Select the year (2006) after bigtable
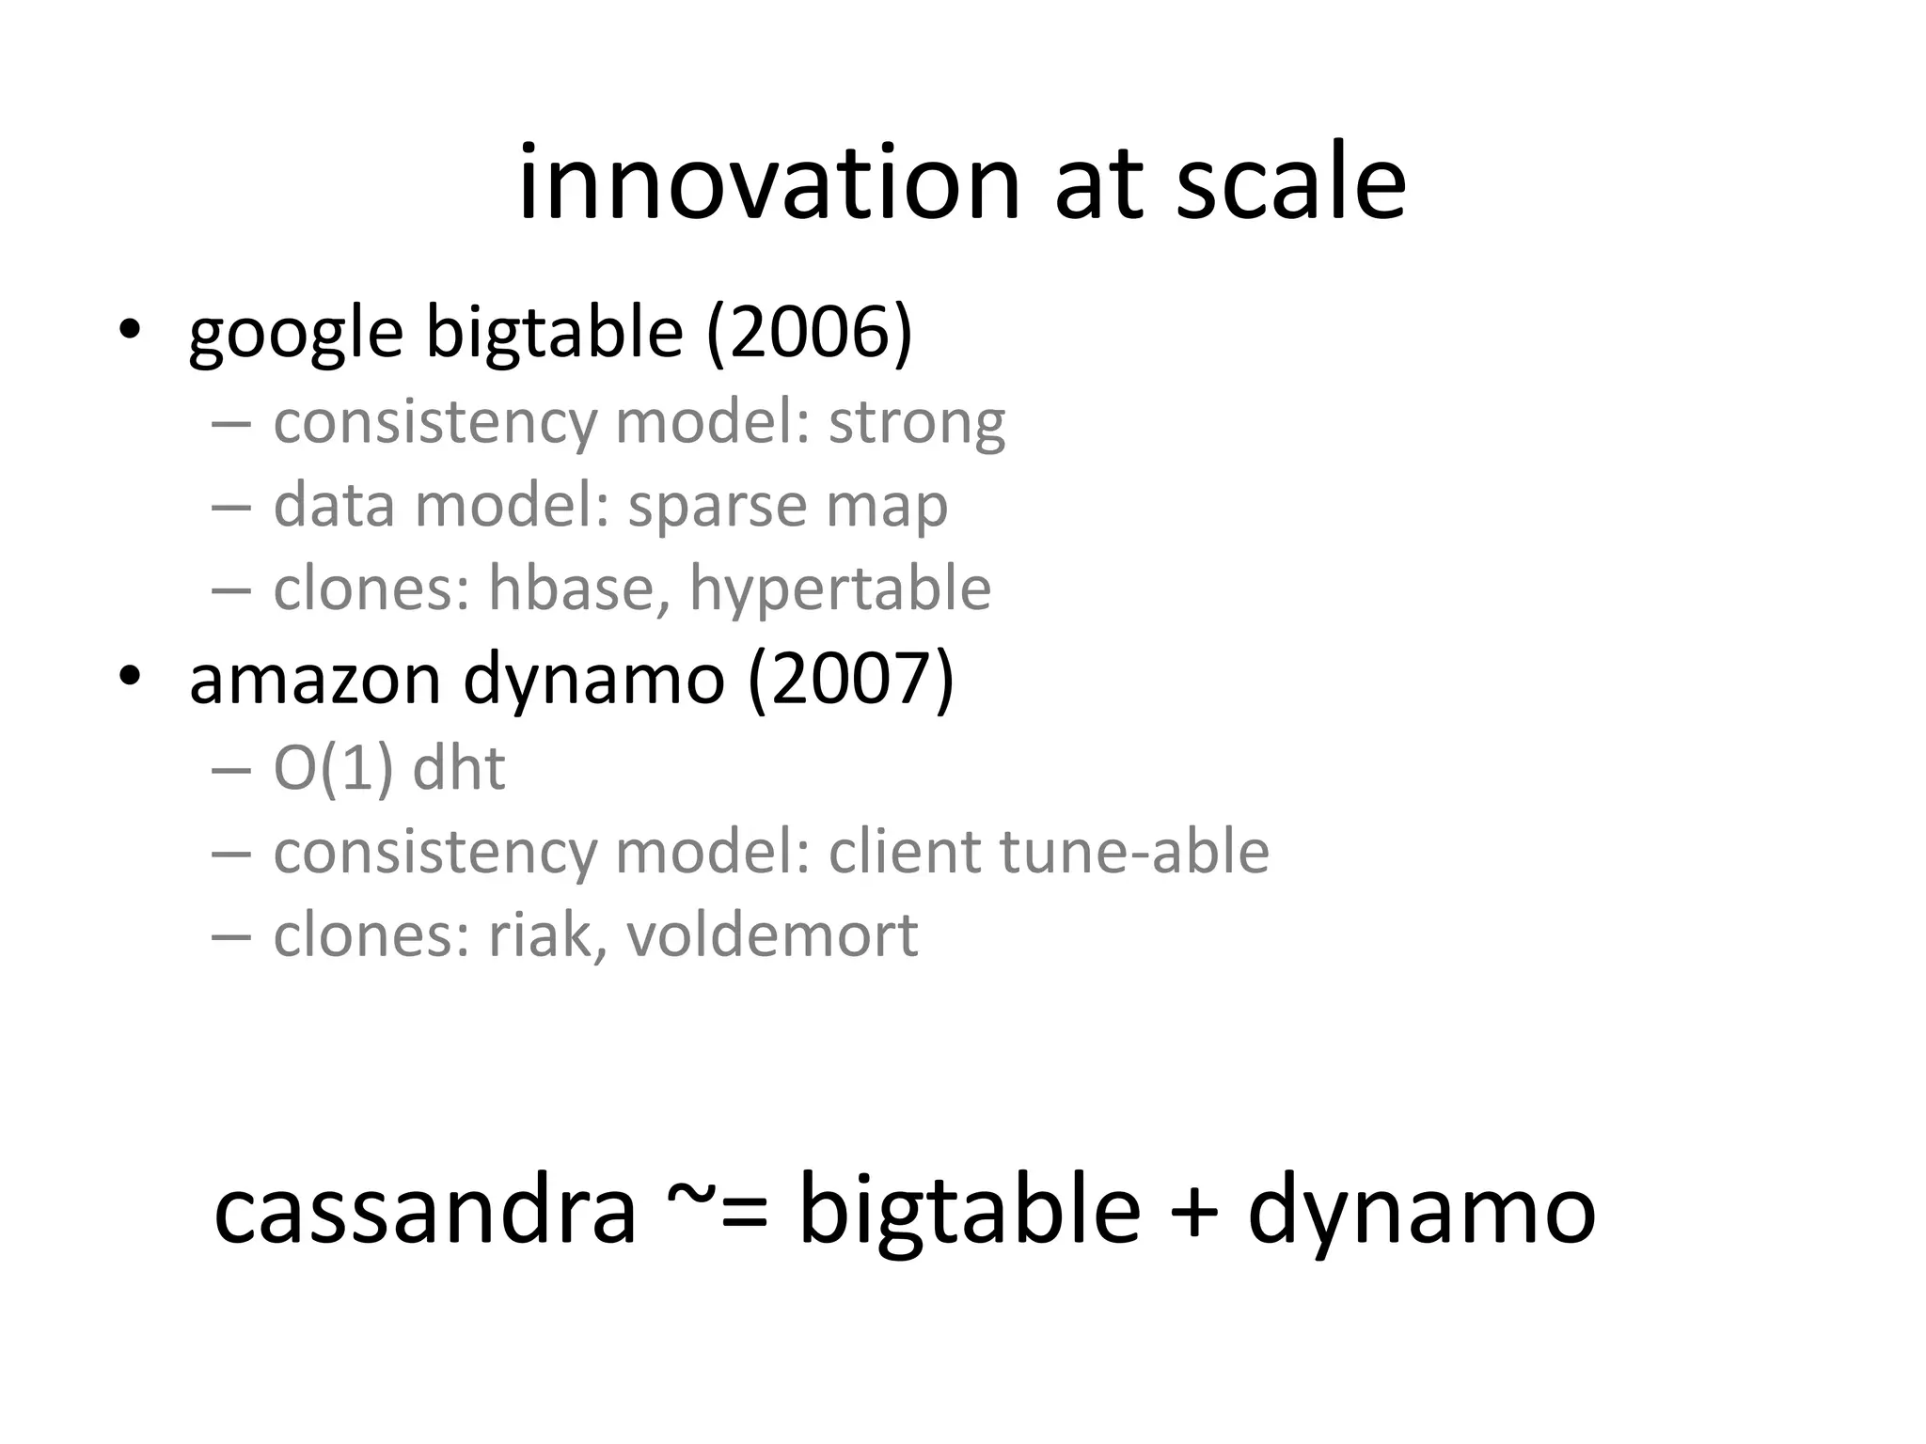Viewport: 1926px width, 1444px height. pyautogui.click(x=809, y=333)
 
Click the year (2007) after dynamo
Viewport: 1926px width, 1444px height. pyautogui.click(x=851, y=679)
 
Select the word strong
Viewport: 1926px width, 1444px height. pyautogui.click(x=916, y=423)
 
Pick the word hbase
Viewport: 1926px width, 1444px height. pyautogui.click(x=570, y=589)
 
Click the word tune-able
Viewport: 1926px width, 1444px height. pyautogui.click(x=1133, y=852)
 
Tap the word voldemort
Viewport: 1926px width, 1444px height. pyautogui.click(x=771, y=935)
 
